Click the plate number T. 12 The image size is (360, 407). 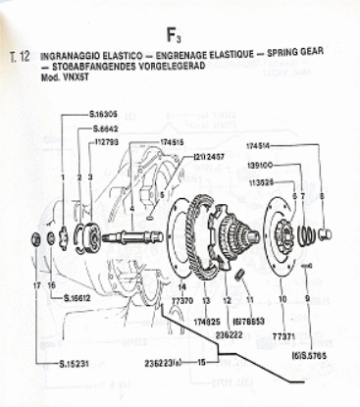click(19, 56)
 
